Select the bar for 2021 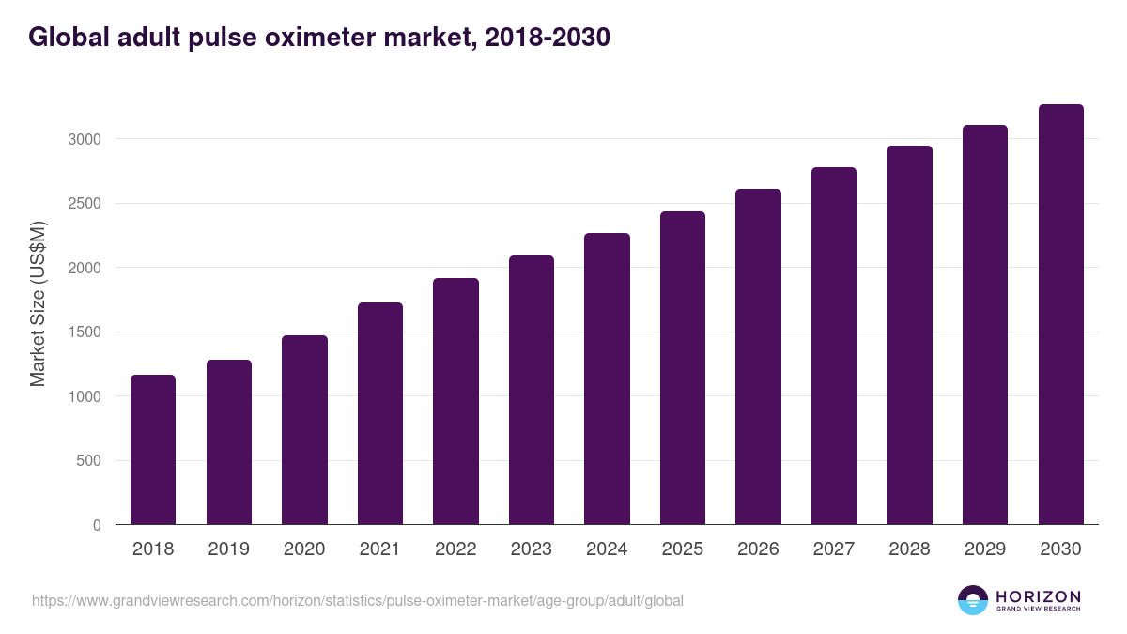pyautogui.click(x=380, y=413)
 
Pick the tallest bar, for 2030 pyautogui.click(x=1060, y=314)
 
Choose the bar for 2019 pyautogui.click(x=229, y=441)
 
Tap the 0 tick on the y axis pyautogui.click(x=96, y=525)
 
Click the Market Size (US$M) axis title pyautogui.click(x=38, y=303)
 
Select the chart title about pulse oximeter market pyautogui.click(x=319, y=37)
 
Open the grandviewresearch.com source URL pyautogui.click(x=358, y=600)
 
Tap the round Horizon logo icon pyautogui.click(x=973, y=600)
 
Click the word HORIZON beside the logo pyautogui.click(x=1038, y=595)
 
